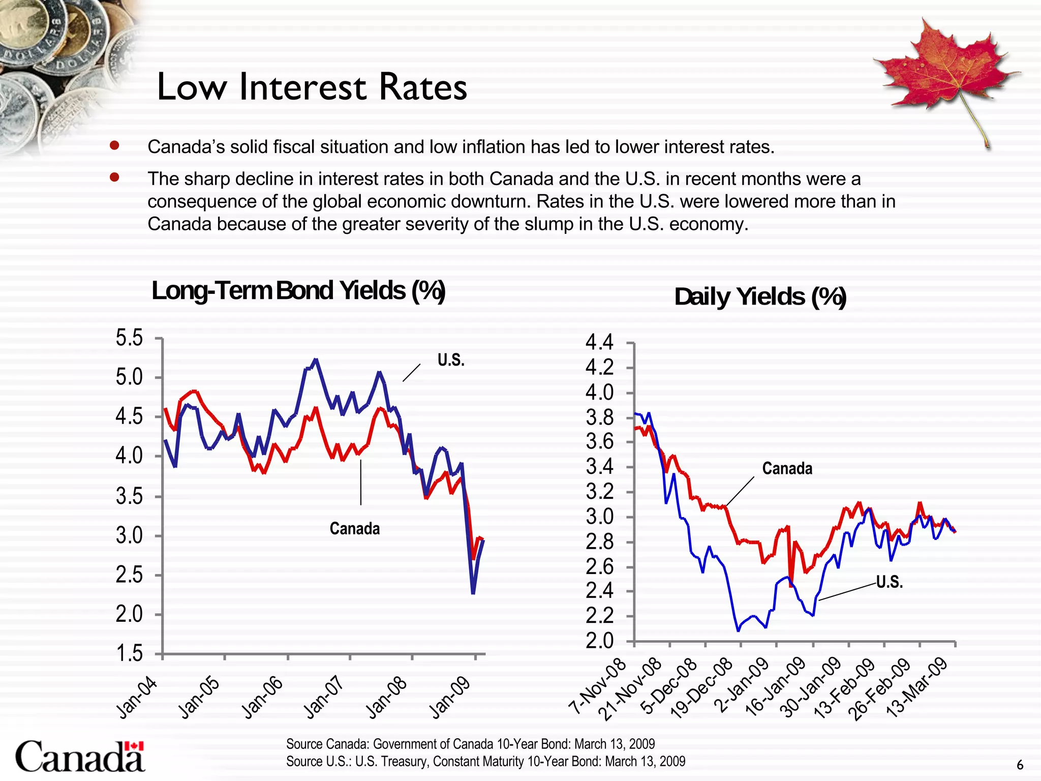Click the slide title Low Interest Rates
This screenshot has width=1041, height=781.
click(312, 87)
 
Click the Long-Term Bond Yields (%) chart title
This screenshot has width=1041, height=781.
click(298, 291)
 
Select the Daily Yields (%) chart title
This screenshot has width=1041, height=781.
click(760, 297)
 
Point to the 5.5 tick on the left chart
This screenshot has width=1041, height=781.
click(130, 338)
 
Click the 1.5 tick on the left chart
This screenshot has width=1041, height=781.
click(130, 654)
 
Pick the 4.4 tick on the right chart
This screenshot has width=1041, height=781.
click(600, 343)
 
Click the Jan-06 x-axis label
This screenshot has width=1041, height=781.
click(263, 698)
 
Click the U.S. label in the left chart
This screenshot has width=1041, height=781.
click(451, 360)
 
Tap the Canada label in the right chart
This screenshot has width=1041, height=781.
click(787, 468)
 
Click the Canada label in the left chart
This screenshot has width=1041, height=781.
click(354, 529)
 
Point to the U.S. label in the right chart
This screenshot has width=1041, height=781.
click(890, 582)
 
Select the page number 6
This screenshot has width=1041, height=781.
click(1020, 765)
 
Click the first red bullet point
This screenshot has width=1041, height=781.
click(114, 146)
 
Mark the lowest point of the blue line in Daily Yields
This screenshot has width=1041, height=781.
click(739, 630)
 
